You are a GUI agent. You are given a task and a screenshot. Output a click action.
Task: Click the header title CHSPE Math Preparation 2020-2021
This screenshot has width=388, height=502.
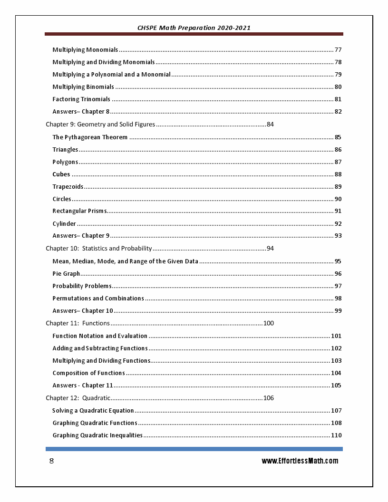click(x=194, y=28)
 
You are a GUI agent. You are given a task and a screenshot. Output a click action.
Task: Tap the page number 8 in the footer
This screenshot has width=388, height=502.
click(x=51, y=461)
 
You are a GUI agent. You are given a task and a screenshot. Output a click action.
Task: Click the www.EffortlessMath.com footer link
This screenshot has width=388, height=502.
click(x=300, y=461)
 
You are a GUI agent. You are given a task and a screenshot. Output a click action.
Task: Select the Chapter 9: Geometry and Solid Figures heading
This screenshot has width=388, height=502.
click(x=100, y=125)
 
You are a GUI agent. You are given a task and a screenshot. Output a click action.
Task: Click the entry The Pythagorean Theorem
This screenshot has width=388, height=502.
click(x=90, y=137)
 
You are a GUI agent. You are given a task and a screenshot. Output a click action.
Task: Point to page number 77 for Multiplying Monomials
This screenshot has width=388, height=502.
click(x=338, y=50)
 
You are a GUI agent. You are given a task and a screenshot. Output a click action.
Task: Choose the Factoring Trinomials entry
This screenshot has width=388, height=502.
click(x=81, y=99)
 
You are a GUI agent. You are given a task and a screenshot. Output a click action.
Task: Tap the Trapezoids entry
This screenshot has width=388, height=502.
click(x=68, y=187)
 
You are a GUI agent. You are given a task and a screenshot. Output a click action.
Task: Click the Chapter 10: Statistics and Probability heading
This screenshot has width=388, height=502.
click(x=98, y=249)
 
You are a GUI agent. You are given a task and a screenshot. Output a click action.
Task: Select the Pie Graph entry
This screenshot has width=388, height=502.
click(x=66, y=274)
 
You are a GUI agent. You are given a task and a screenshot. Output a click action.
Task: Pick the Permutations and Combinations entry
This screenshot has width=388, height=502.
click(x=98, y=299)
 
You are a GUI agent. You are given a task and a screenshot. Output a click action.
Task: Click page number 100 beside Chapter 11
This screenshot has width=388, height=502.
click(x=269, y=323)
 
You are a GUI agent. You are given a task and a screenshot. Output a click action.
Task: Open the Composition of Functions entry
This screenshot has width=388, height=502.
click(x=88, y=373)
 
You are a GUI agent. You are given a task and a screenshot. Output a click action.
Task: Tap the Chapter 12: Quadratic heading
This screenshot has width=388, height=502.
click(x=78, y=398)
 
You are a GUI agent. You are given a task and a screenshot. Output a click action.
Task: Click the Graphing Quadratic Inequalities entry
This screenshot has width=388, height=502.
click(x=97, y=435)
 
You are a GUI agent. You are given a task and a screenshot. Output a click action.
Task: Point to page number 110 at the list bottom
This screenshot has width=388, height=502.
click(x=336, y=435)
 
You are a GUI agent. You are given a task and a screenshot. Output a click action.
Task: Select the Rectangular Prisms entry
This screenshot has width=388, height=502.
click(x=79, y=211)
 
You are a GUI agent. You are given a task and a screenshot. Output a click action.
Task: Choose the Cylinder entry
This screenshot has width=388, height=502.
click(x=64, y=224)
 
